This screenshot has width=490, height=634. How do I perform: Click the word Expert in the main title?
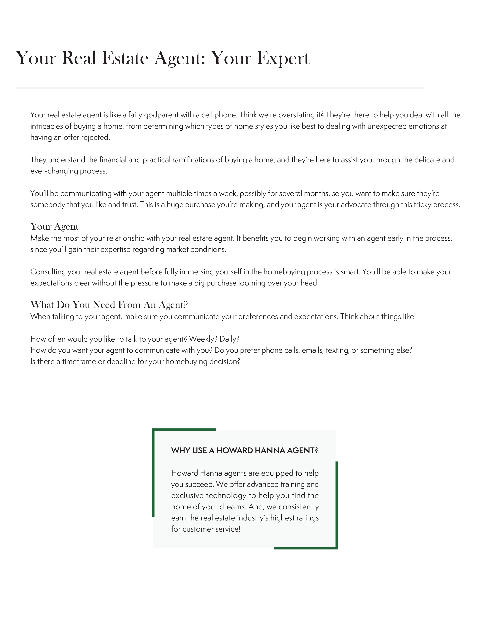(x=283, y=58)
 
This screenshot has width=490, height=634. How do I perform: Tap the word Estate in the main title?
(x=125, y=58)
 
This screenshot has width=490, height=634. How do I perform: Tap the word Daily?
(x=229, y=339)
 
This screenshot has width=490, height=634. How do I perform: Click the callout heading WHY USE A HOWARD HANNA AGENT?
(x=244, y=451)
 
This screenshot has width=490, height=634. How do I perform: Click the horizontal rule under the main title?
(x=220, y=87)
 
